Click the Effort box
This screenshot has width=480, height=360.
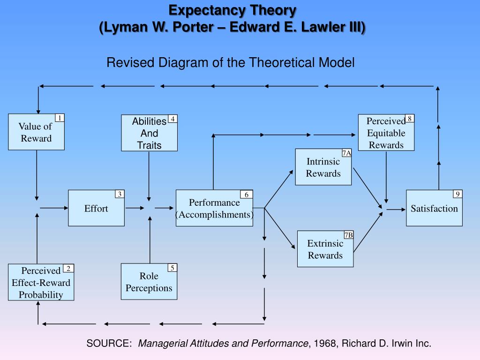point(96,208)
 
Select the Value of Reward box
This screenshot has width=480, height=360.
point(36,132)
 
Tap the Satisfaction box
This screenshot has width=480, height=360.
point(434,209)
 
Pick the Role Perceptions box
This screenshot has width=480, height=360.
point(149,282)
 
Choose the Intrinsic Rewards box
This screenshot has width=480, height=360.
point(323,167)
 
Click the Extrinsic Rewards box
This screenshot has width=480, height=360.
point(325,249)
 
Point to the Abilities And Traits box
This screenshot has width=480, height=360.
point(149,134)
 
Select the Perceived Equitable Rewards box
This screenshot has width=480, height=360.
point(386,133)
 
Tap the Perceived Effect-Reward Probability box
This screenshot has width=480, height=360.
point(41,283)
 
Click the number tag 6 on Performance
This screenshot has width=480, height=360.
point(247,195)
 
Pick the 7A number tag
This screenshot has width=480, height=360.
point(346,153)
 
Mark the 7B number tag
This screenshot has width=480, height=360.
point(348,235)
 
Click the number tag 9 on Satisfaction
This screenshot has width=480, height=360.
point(457,194)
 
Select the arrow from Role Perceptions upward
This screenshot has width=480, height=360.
point(150,239)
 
